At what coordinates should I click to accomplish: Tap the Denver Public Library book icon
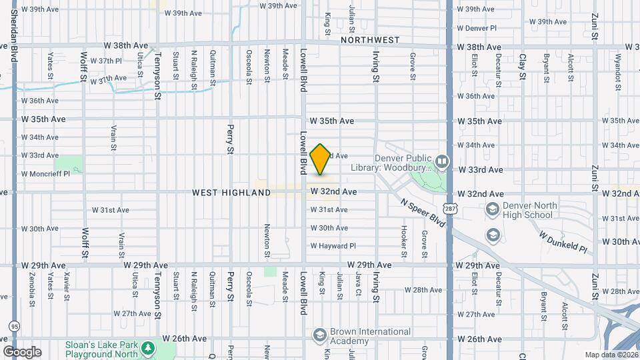(441, 162)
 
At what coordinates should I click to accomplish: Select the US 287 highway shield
(451, 209)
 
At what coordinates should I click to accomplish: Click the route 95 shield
(14, 327)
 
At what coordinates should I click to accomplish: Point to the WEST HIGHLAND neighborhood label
(231, 193)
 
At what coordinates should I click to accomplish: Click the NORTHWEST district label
(370, 40)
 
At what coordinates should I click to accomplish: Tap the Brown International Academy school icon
(319, 334)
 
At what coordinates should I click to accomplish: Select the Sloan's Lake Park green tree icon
(147, 349)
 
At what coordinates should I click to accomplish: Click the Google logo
(21, 351)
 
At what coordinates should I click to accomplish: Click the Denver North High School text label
(529, 210)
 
